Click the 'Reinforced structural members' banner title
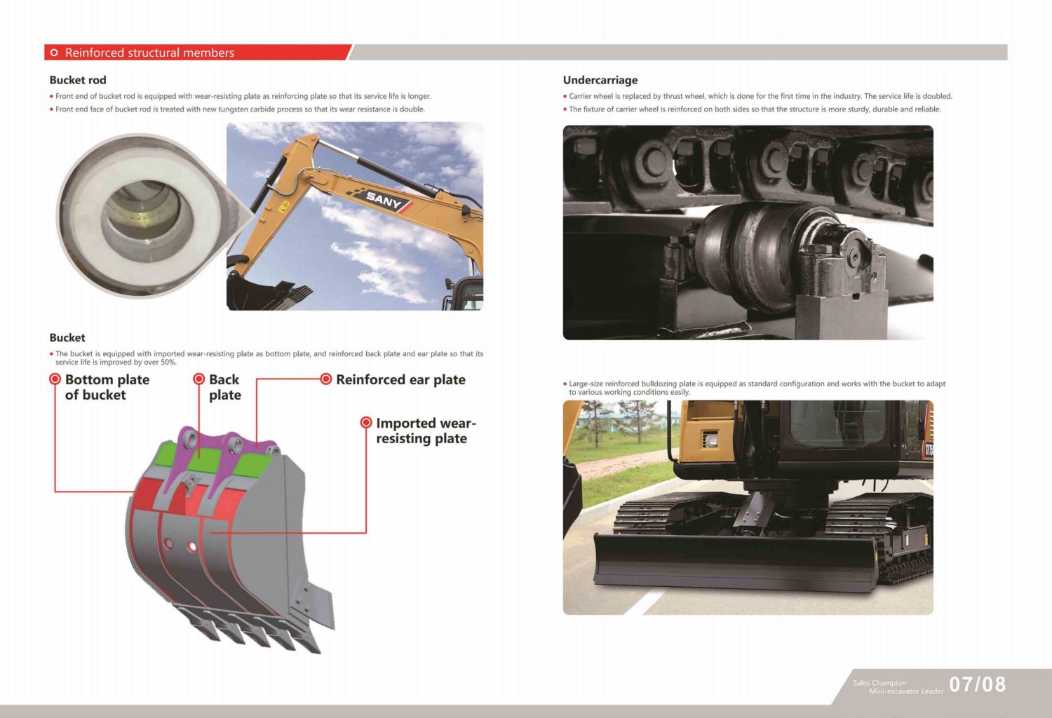pyautogui.click(x=149, y=53)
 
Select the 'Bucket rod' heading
pyautogui.click(x=78, y=80)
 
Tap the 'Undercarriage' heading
pyautogui.click(x=600, y=80)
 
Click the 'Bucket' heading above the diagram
pyautogui.click(x=67, y=338)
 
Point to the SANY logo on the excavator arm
pyautogui.click(x=384, y=201)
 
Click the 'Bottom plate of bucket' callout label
pyautogui.click(x=107, y=387)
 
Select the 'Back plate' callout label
pyautogui.click(x=225, y=387)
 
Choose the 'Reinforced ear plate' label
pyautogui.click(x=400, y=379)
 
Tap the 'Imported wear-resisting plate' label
pyautogui.click(x=426, y=431)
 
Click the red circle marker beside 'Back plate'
pyautogui.click(x=199, y=379)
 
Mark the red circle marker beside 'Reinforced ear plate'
pyautogui.click(x=326, y=379)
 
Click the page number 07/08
pyautogui.click(x=978, y=684)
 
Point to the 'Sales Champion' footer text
pyautogui.click(x=879, y=683)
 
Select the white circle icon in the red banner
pyautogui.click(x=54, y=53)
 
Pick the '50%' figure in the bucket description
pyautogui.click(x=168, y=362)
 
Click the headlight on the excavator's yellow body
pyautogui.click(x=710, y=440)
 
